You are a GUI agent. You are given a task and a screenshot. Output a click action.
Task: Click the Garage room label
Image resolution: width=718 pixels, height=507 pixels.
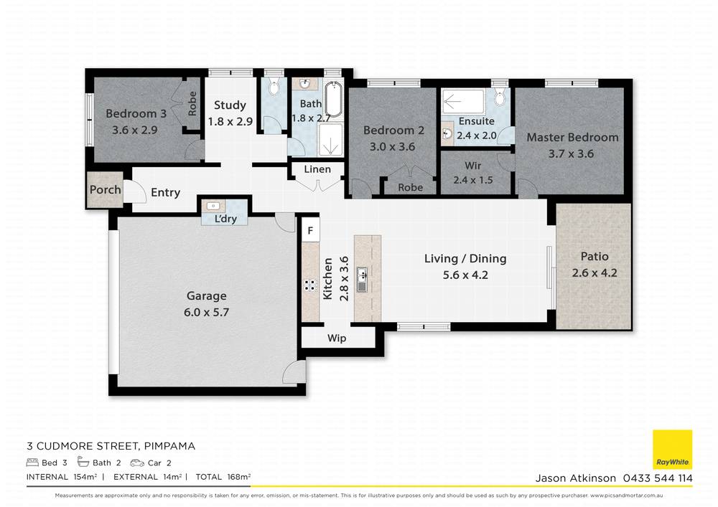coord(207,295)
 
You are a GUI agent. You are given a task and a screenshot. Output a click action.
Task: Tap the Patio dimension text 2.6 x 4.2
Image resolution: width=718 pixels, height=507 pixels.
coord(595,273)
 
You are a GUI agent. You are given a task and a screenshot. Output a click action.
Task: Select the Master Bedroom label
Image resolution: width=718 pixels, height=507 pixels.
coord(572,137)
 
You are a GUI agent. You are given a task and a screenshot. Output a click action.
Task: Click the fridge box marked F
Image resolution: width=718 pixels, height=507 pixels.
coord(310,231)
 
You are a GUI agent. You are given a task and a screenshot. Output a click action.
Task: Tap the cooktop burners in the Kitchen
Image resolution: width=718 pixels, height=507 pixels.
coord(310,285)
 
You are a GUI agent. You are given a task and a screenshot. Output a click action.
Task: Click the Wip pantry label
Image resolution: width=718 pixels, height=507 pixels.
coord(337,338)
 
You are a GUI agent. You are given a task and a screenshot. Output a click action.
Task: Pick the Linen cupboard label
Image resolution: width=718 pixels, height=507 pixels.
coord(317,169)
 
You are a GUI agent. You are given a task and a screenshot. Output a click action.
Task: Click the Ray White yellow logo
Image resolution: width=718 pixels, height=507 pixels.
coord(672,450)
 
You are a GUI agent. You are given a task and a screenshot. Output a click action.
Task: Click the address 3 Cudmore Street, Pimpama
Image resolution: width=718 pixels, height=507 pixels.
coord(111,446)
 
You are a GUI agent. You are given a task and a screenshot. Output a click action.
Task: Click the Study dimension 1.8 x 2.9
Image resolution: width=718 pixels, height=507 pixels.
coord(230,121)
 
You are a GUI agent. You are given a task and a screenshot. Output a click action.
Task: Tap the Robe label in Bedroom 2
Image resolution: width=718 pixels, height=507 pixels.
coord(410,187)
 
